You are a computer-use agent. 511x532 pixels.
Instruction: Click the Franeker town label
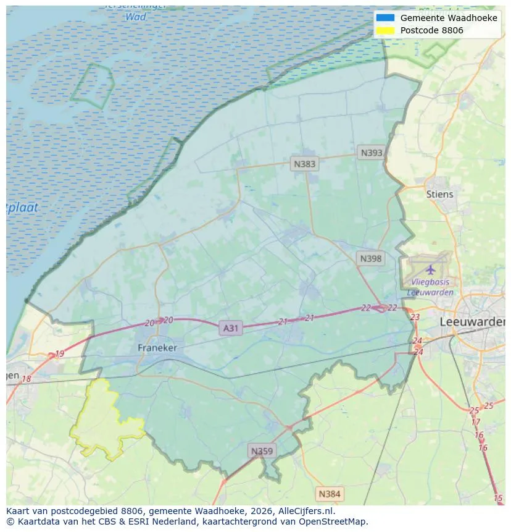pos(157,348)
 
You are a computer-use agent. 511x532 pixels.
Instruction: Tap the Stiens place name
pos(439,194)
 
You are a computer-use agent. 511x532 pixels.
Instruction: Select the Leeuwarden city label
pos(472,322)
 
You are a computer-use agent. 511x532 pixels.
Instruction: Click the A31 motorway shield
pos(230,328)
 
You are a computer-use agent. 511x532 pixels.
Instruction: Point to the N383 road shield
pos(304,164)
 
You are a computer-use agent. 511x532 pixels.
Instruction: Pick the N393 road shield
pos(372,153)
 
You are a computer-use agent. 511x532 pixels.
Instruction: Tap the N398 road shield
pos(370,258)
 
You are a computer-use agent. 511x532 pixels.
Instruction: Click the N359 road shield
pos(261,451)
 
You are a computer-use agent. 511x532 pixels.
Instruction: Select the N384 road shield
pos(329,494)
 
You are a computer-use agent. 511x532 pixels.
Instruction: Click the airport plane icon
pos(430,269)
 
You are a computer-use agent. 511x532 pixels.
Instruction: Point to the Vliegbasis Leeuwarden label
pos(430,288)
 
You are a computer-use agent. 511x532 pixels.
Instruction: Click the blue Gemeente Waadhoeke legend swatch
pos(385,18)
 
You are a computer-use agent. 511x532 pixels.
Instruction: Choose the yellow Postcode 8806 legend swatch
pos(385,30)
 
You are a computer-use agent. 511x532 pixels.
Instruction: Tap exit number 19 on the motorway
pos(59,353)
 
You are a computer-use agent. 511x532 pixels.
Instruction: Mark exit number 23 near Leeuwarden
pos(415,317)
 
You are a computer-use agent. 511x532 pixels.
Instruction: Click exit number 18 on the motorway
pos(26,379)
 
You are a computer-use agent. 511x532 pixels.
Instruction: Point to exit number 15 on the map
pos(498,498)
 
